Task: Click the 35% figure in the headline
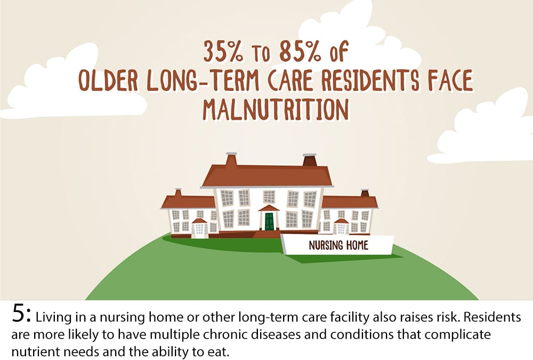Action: pyautogui.click(x=223, y=52)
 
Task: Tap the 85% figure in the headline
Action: pyautogui.click(x=300, y=52)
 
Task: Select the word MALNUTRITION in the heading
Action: pyautogui.click(x=276, y=109)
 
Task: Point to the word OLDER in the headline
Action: pyautogui.click(x=108, y=81)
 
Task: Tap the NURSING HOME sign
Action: pyautogui.click(x=337, y=245)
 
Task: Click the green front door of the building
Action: pyautogui.click(x=269, y=221)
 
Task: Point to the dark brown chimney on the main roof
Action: pyautogui.click(x=309, y=160)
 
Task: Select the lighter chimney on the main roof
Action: pyautogui.click(x=231, y=159)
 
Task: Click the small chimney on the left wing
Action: pyautogui.click(x=178, y=193)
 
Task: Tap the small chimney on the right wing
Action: pyautogui.click(x=365, y=193)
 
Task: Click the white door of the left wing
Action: pyautogui.click(x=199, y=229)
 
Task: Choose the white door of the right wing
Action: pyautogui.click(x=341, y=229)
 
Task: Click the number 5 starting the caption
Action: pyautogui.click(x=18, y=314)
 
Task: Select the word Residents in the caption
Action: pyautogui.click(x=492, y=317)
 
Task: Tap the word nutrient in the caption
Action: pyautogui.click(x=35, y=351)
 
